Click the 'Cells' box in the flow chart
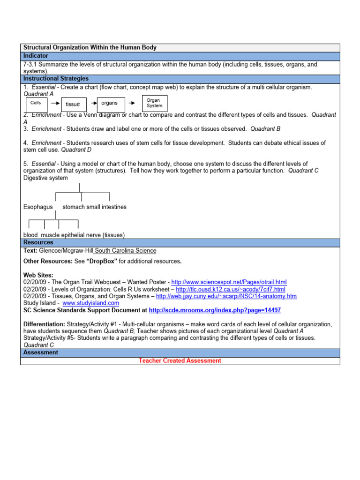[x=36, y=104]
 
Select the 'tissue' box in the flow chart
[x=73, y=104]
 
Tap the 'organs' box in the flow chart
[x=110, y=104]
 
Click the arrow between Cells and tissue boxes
[x=54, y=103]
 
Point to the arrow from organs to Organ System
[x=133, y=103]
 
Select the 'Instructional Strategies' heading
[x=56, y=79]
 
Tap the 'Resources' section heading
[x=38, y=243]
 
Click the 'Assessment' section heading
[x=41, y=352]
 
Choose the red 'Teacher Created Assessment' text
[x=180, y=360]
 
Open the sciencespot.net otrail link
[x=229, y=282]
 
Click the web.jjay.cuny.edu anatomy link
[x=226, y=296]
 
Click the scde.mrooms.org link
[x=215, y=310]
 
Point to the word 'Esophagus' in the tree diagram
[x=38, y=207]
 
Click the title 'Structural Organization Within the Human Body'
[x=90, y=48]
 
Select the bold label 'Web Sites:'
[x=38, y=275]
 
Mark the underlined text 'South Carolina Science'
[x=126, y=251]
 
